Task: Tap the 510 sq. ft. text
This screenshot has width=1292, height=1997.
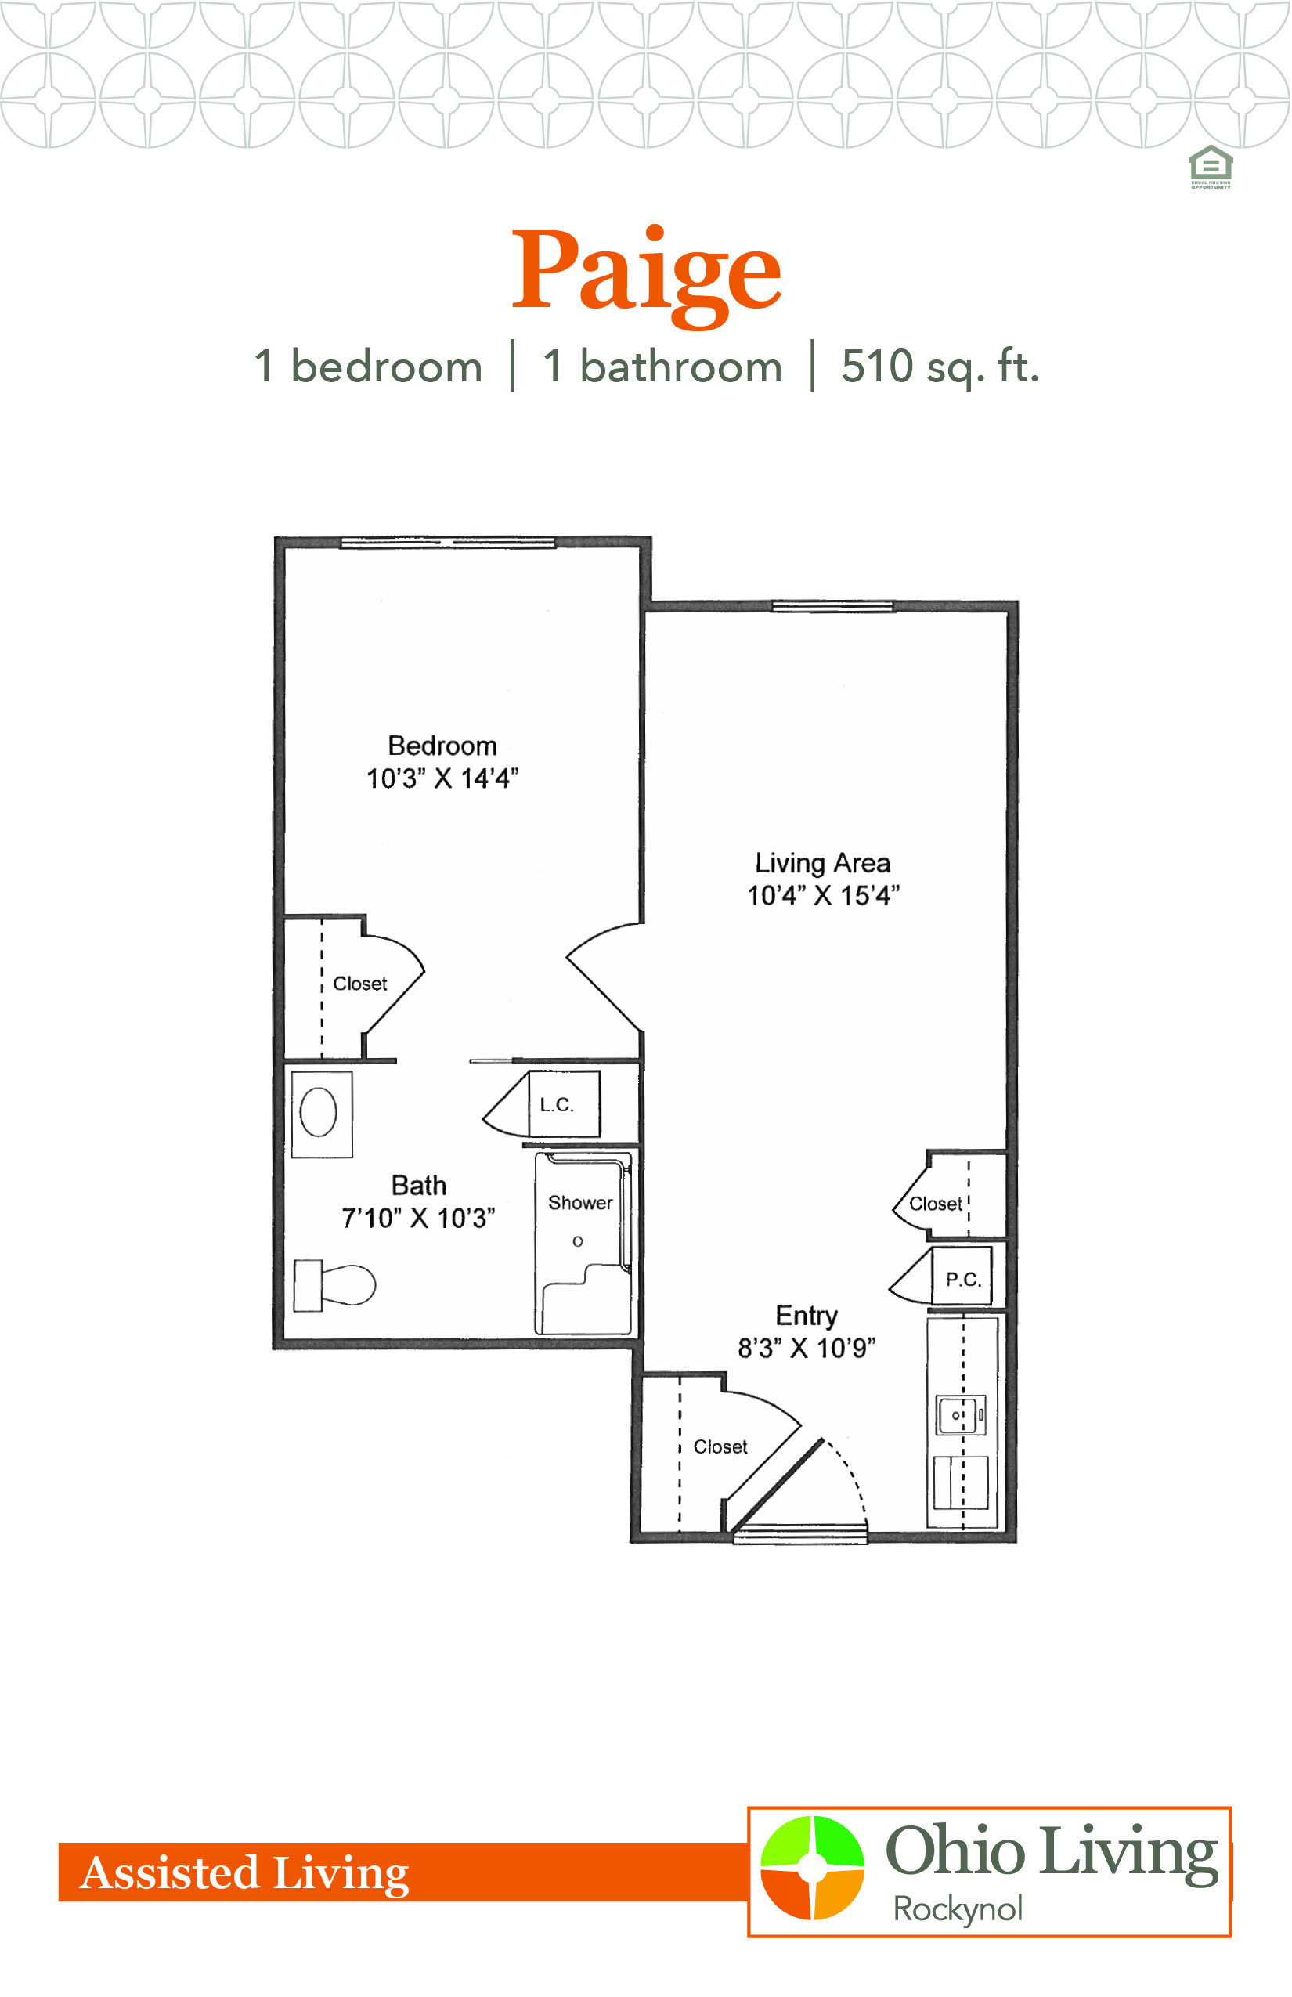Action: click(x=940, y=367)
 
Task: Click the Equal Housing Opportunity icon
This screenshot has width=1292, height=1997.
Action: click(x=1211, y=167)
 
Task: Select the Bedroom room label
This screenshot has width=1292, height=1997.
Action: click(x=442, y=745)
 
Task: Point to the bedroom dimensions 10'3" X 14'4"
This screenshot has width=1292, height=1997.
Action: click(x=442, y=778)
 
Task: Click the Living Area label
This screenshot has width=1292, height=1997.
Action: click(x=822, y=862)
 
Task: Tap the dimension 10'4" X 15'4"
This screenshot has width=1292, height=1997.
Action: click(x=823, y=895)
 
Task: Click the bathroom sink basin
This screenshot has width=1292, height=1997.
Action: click(x=318, y=1112)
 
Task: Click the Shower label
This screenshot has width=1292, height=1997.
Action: click(x=579, y=1202)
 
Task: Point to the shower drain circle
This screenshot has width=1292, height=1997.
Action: click(x=577, y=1241)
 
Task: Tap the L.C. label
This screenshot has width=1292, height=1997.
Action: click(x=556, y=1105)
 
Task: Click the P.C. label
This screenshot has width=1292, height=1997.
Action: click(x=963, y=1280)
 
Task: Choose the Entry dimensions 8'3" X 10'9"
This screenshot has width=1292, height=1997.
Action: click(x=807, y=1348)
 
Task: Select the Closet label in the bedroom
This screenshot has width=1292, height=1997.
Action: click(x=360, y=984)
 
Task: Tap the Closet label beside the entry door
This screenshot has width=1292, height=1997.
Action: click(x=720, y=1446)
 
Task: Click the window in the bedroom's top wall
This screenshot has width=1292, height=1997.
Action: click(x=447, y=543)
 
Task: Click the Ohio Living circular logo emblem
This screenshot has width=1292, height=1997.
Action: click(x=812, y=1868)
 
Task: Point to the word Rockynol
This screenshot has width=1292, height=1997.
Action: click(x=957, y=1909)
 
